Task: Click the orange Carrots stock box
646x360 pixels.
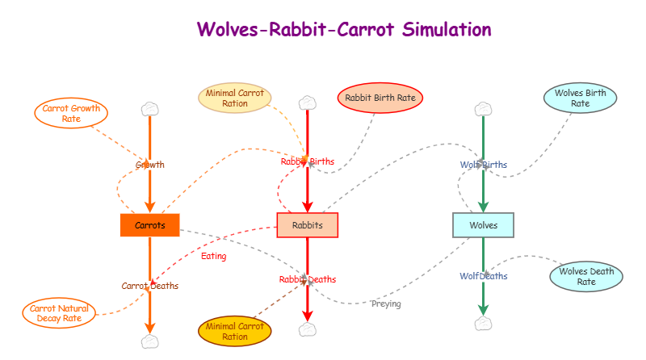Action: tap(149, 225)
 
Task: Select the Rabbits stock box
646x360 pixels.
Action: tap(307, 225)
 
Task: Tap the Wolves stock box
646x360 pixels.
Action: tap(483, 224)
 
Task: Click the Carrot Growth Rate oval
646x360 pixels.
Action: tap(71, 114)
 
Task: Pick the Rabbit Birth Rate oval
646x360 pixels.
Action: tap(380, 98)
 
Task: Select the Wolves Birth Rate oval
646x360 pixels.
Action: tap(580, 98)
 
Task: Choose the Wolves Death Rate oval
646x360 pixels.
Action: tap(586, 276)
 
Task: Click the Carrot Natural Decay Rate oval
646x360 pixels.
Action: tap(59, 313)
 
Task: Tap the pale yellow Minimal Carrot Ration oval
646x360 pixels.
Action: tap(235, 98)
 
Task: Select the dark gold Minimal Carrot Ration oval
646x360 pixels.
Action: tap(235, 331)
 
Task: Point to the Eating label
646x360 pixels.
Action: tap(213, 256)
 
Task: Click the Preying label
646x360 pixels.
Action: tap(386, 304)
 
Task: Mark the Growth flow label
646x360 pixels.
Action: tap(149, 165)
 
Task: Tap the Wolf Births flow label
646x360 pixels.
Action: tap(483, 165)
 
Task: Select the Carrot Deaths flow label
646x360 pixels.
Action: tap(150, 286)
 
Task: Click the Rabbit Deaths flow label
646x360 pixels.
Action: tap(308, 279)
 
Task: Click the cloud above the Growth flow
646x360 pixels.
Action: tap(149, 108)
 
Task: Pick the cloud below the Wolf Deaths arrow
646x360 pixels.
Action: tap(483, 323)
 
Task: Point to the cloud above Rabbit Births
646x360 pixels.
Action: tap(307, 103)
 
